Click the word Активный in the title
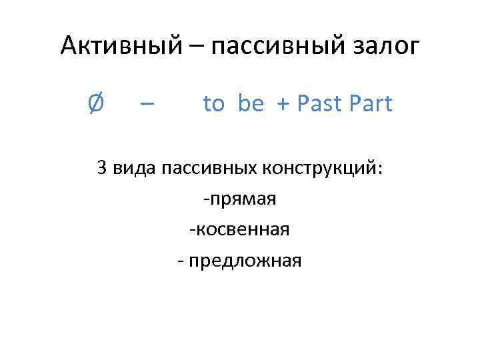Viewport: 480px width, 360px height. pos(117,46)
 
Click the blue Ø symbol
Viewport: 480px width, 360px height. pos(95,104)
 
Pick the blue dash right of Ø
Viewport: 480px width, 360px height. pos(147,105)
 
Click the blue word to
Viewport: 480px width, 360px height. pos(213,104)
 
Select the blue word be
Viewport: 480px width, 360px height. pos(250,104)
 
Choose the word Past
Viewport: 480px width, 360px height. pos(319,104)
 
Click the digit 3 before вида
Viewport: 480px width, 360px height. pos(101,168)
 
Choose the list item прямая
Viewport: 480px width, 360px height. pos(243,199)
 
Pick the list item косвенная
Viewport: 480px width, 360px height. pos(243,230)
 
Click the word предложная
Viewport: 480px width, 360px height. pos(245,261)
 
